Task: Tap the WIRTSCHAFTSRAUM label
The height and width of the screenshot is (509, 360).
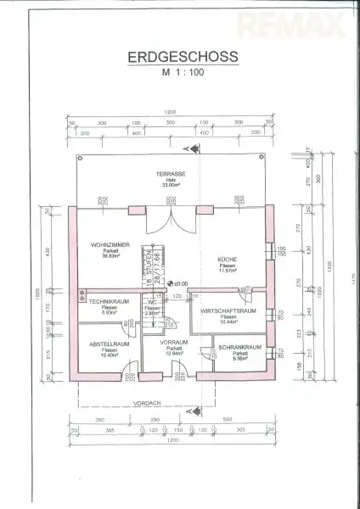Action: [x=228, y=311]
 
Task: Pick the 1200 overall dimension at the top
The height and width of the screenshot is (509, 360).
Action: [x=170, y=112]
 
